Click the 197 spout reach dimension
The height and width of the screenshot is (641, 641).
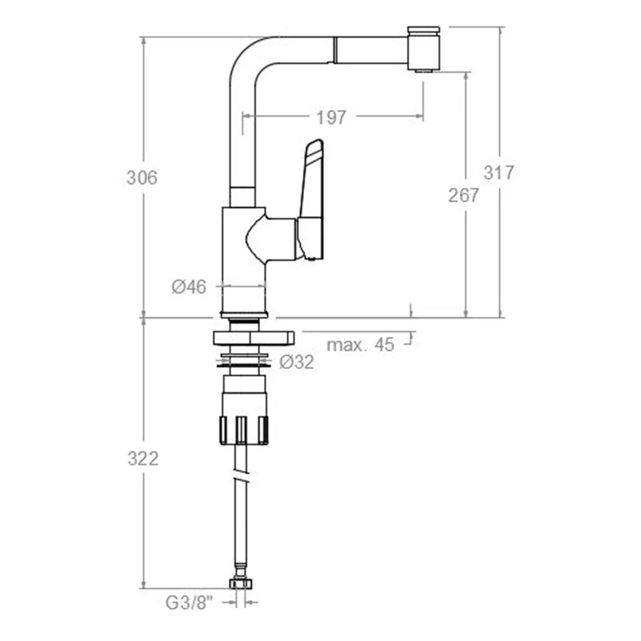[x=331, y=118]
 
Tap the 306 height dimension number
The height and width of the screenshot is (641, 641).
[x=142, y=178]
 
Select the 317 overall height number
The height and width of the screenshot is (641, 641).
[x=498, y=172]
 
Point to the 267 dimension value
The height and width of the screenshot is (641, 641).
[x=463, y=196]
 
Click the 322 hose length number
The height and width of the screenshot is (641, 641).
[x=143, y=459]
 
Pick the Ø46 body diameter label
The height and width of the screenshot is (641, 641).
[x=189, y=287]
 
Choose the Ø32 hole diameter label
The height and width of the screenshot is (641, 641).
[x=297, y=362]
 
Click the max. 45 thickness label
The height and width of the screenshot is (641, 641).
[x=360, y=345]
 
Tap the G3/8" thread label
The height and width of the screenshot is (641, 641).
[x=190, y=603]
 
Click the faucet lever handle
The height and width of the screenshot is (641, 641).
[x=313, y=200]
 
